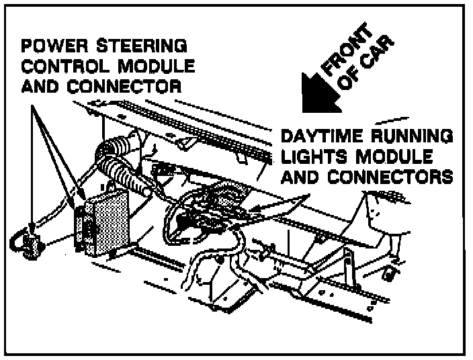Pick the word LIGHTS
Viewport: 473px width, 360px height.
click(315, 158)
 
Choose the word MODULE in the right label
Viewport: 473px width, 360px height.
click(392, 158)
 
